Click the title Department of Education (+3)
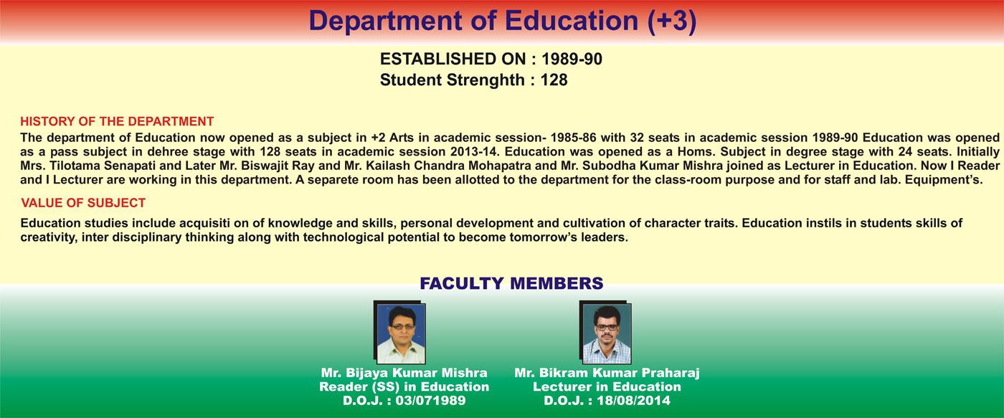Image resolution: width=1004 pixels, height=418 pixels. pyautogui.click(x=503, y=21)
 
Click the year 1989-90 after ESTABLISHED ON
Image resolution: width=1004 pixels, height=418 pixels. pyautogui.click(x=572, y=59)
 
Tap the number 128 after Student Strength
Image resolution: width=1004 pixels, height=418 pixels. pyautogui.click(x=554, y=80)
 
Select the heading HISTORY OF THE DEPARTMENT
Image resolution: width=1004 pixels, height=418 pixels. pyautogui.click(x=117, y=121)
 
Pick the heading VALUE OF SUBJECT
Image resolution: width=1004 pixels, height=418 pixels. pyautogui.click(x=83, y=203)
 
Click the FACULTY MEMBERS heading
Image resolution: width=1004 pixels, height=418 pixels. pyautogui.click(x=511, y=284)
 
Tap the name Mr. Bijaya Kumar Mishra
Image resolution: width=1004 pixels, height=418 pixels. pyautogui.click(x=404, y=373)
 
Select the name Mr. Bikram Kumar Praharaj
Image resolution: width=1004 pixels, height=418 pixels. pyautogui.click(x=607, y=373)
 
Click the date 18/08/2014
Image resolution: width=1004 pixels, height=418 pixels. pyautogui.click(x=633, y=401)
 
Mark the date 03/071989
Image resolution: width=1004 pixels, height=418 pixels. pyautogui.click(x=430, y=401)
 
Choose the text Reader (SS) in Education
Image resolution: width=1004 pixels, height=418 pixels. pyautogui.click(x=404, y=386)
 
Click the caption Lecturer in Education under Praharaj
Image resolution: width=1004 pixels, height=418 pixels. pyautogui.click(x=607, y=386)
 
